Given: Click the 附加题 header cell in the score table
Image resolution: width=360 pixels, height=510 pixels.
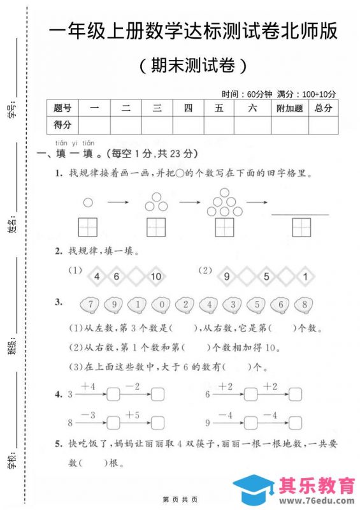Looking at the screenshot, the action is tap(290, 108).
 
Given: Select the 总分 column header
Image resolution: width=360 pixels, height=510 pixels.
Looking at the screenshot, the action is tap(324, 108).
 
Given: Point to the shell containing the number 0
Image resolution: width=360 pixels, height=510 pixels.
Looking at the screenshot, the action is tap(162, 304).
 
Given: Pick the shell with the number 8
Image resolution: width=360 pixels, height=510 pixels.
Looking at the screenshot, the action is tap(305, 304).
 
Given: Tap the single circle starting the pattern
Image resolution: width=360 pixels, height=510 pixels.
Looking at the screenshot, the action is tap(88, 203).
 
